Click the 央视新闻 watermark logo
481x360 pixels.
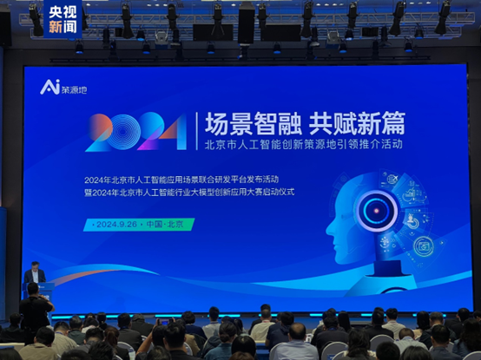(x=62, y=19)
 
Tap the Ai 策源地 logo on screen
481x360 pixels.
(x=63, y=87)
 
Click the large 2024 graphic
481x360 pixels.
(x=136, y=132)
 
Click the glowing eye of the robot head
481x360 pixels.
(x=379, y=209)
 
